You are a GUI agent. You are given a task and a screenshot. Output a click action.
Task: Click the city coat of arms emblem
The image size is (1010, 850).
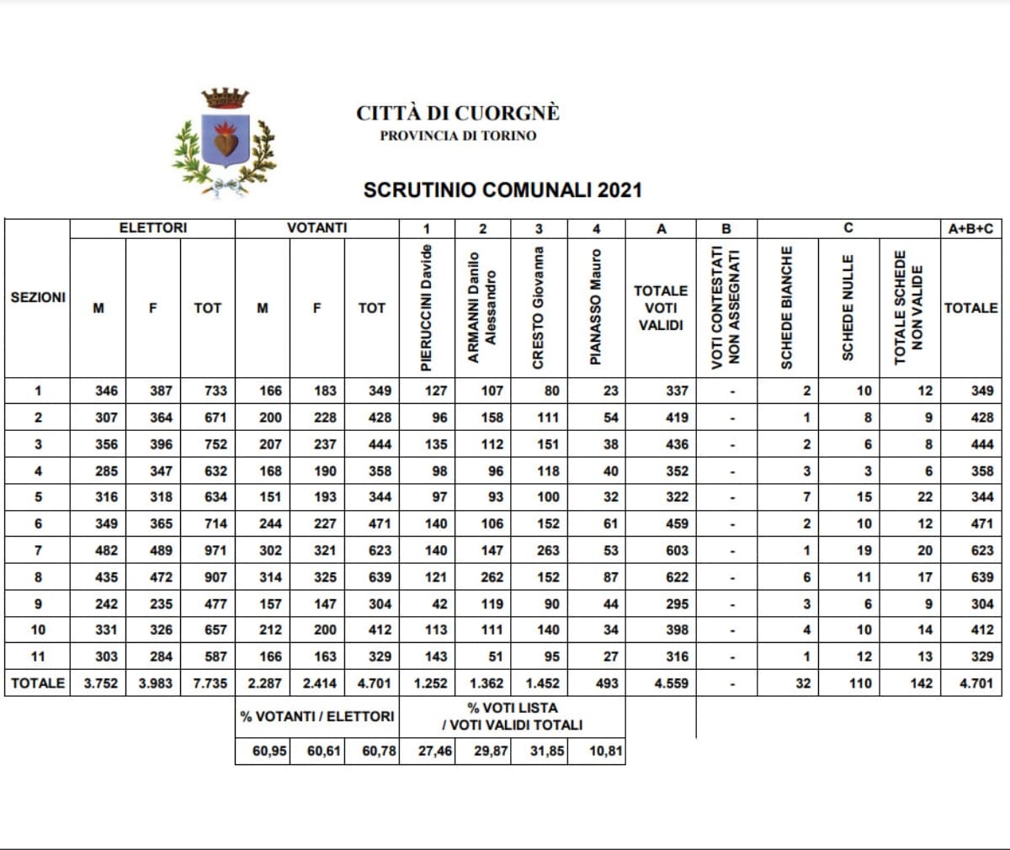coord(225,141)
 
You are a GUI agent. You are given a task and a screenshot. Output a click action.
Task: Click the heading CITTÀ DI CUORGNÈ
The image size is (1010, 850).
coord(457,113)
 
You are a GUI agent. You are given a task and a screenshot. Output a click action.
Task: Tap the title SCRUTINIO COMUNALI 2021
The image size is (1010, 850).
coord(502,190)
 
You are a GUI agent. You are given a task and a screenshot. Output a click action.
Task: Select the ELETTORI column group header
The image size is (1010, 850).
coord(152,228)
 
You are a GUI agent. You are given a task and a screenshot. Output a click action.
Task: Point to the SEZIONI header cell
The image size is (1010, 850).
coord(38,297)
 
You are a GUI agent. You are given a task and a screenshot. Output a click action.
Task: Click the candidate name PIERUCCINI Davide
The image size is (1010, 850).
coord(427,306)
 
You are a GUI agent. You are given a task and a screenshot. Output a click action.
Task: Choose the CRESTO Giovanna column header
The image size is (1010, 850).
coord(539,306)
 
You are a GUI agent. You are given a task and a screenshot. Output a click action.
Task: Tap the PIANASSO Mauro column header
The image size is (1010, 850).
coord(596,306)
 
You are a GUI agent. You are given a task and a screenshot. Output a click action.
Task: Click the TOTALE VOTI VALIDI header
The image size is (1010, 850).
coord(661,307)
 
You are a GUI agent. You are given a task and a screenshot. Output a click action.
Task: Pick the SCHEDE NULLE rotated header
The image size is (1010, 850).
coord(848,306)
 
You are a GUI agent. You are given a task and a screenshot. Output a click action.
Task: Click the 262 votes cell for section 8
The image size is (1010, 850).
coord(492,577)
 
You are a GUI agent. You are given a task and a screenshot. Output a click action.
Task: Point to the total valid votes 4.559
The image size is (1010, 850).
coord(671,683)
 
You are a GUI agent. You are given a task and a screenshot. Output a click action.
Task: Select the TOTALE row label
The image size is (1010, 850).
coord(38,683)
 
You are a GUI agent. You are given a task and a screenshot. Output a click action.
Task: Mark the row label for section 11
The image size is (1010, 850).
coord(38,656)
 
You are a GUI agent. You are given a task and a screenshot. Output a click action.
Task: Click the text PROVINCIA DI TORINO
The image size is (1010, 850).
coord(457,135)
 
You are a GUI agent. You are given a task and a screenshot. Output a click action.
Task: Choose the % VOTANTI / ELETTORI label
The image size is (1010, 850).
coord(316,716)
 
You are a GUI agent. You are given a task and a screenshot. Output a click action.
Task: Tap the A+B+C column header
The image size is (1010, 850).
coord(976,228)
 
